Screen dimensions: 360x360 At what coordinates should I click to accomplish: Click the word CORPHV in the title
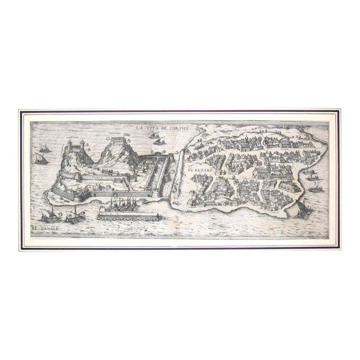(x=175, y=128)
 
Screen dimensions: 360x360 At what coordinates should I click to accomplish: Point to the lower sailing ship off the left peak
(x=41, y=160)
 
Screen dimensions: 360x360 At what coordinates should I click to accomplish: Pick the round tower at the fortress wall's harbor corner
(x=156, y=194)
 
